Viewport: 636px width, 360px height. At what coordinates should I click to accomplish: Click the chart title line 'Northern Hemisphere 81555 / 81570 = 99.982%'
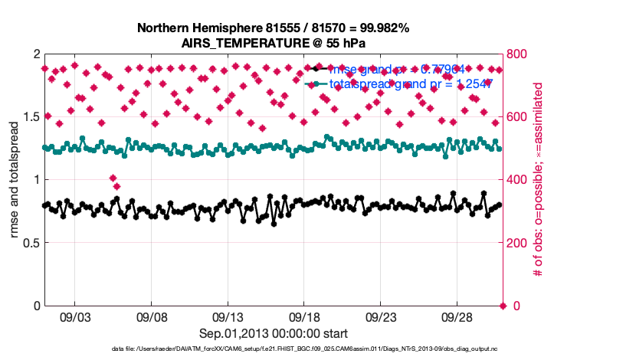(273, 28)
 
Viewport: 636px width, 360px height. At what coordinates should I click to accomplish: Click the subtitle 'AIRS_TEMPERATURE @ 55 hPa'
(273, 42)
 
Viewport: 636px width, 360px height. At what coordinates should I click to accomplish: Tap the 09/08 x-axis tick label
(152, 316)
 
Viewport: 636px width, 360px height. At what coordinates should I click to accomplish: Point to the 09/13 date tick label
(228, 316)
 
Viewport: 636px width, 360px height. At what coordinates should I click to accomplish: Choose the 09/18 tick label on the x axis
(304, 316)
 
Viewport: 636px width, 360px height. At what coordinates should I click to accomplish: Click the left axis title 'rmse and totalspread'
(14, 179)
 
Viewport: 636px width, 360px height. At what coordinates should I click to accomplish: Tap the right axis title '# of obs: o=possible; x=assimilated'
(538, 180)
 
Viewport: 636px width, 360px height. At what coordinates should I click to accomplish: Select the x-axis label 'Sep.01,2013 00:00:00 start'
(273, 333)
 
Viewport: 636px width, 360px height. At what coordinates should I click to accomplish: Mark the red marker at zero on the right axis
(503, 306)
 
